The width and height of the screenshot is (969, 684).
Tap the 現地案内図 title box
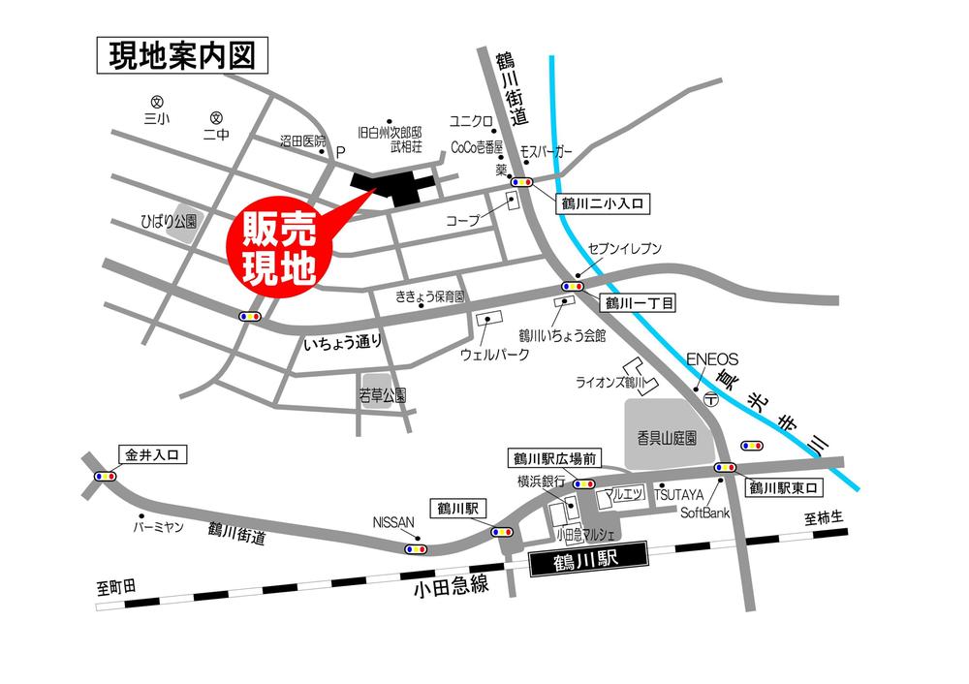182,57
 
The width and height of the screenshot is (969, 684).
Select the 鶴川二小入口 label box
602,204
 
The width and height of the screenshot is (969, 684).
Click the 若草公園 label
382,395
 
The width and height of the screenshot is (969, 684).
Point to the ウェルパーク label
494,355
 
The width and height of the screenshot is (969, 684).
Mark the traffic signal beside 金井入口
106,476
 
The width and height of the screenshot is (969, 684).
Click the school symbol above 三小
156,101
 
